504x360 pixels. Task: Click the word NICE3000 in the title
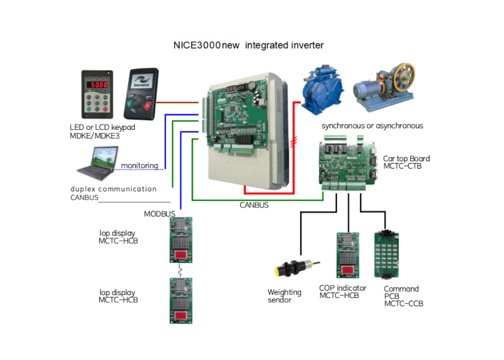pyautogui.click(x=196, y=45)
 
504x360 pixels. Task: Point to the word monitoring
pyautogui.click(x=139, y=166)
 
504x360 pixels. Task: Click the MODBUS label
pyautogui.click(x=159, y=214)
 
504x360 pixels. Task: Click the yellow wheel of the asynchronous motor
pyautogui.click(x=403, y=79)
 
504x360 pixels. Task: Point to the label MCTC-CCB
pyautogui.click(x=403, y=304)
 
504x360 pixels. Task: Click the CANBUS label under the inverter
pyautogui.click(x=254, y=205)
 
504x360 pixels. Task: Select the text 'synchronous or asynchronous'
pyautogui.click(x=372, y=126)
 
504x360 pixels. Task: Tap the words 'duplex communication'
pyautogui.click(x=113, y=189)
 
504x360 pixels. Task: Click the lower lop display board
pyautogui.click(x=180, y=300)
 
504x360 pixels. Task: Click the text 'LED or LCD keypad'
pyautogui.click(x=102, y=127)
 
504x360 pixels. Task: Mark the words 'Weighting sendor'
pyautogui.click(x=284, y=296)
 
